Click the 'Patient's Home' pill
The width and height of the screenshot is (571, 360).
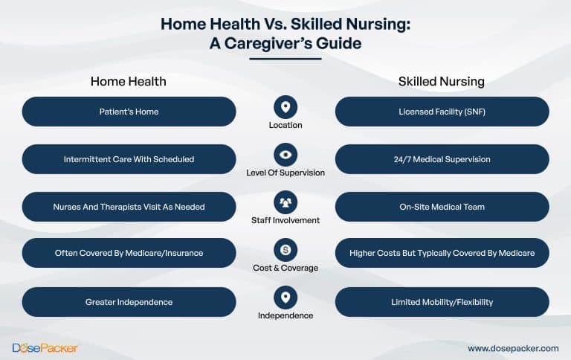(x=129, y=112)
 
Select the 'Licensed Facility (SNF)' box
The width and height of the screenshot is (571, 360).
(x=442, y=112)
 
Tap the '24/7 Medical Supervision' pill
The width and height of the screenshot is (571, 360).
(x=442, y=159)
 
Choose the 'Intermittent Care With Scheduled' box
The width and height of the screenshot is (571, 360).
(x=129, y=159)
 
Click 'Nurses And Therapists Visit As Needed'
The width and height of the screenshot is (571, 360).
(x=129, y=207)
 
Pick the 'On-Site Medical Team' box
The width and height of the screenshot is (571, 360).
(x=442, y=207)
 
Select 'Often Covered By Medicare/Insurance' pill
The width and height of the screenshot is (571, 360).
(x=129, y=254)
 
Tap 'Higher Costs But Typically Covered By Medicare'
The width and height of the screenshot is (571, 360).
(x=442, y=254)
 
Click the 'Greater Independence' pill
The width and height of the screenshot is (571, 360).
(x=129, y=302)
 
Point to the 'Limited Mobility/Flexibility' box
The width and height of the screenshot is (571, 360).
(x=442, y=302)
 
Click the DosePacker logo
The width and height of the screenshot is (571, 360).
(x=45, y=347)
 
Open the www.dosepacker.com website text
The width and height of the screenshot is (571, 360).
(x=513, y=348)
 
